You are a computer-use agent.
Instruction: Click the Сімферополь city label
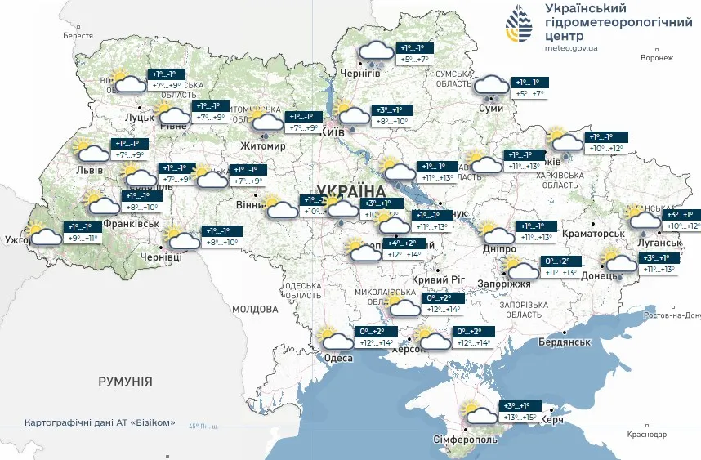466,440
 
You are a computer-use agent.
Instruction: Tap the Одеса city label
339,359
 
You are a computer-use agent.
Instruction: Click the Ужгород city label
18,240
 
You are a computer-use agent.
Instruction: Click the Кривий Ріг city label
438,279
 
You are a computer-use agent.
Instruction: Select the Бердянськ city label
565,341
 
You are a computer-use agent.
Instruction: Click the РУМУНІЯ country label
125,382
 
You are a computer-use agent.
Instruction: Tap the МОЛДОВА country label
255,310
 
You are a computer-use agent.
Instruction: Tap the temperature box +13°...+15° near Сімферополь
519,418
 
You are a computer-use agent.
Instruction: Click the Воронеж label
657,58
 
